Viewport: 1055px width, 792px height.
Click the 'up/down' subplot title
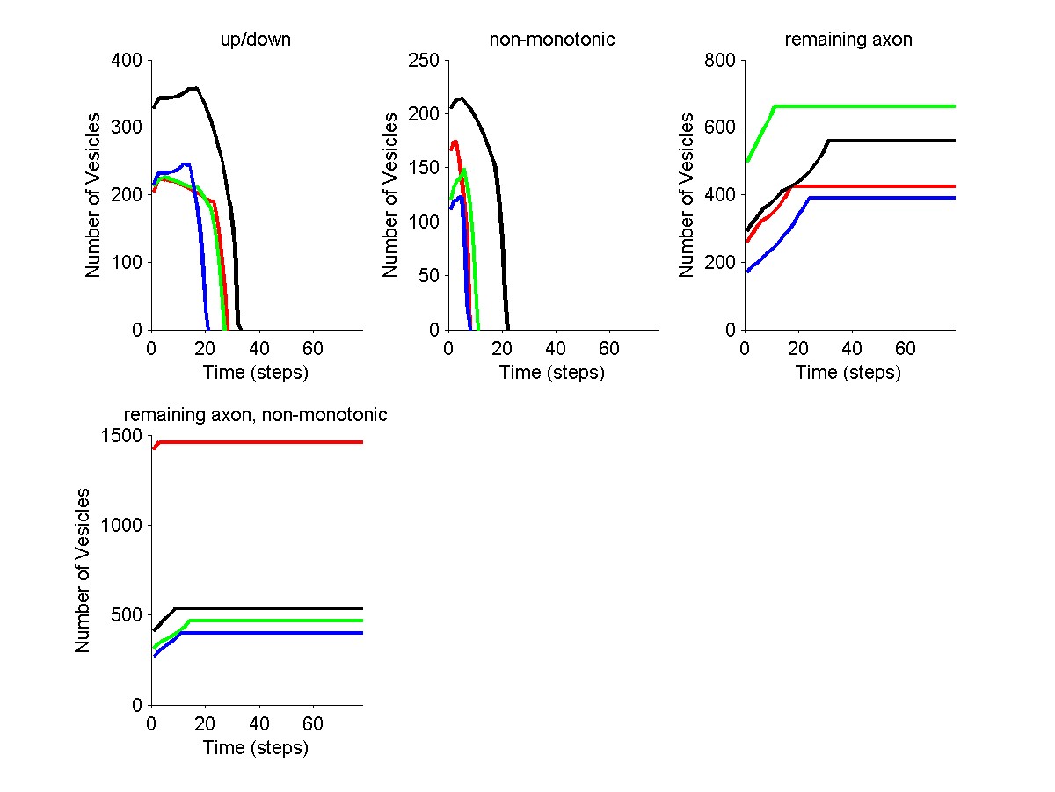click(x=244, y=40)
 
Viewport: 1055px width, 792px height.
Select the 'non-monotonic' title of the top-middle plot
click(x=540, y=40)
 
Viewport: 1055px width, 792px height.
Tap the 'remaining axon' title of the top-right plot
click(x=836, y=40)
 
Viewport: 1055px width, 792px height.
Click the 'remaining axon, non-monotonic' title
click(x=256, y=415)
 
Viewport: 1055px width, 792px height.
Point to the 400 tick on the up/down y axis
click(x=129, y=61)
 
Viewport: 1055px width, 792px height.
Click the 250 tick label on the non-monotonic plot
click(x=426, y=61)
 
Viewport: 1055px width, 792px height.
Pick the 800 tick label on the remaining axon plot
click(x=722, y=61)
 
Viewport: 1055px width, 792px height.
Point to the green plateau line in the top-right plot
click(x=862, y=106)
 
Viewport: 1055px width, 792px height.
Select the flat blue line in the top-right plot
click(x=879, y=198)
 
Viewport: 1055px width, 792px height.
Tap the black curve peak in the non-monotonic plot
click(x=461, y=98)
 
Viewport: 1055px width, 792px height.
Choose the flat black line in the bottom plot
click(x=264, y=608)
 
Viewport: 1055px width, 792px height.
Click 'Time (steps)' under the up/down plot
click(x=256, y=373)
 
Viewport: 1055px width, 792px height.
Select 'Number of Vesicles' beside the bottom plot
click(x=83, y=570)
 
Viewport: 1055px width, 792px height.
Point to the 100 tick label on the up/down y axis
click(x=129, y=263)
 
